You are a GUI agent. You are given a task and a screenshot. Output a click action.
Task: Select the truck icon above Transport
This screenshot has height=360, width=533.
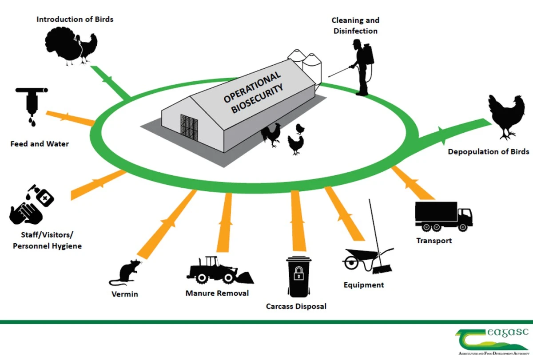442,216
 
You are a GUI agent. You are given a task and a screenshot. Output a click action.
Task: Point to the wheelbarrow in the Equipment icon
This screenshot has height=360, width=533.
359,260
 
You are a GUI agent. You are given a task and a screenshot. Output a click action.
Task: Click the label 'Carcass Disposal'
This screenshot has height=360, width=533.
296,306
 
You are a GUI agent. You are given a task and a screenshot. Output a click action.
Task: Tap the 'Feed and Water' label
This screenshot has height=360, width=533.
40,144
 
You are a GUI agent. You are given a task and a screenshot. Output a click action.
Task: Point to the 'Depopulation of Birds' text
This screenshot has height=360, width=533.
488,152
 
